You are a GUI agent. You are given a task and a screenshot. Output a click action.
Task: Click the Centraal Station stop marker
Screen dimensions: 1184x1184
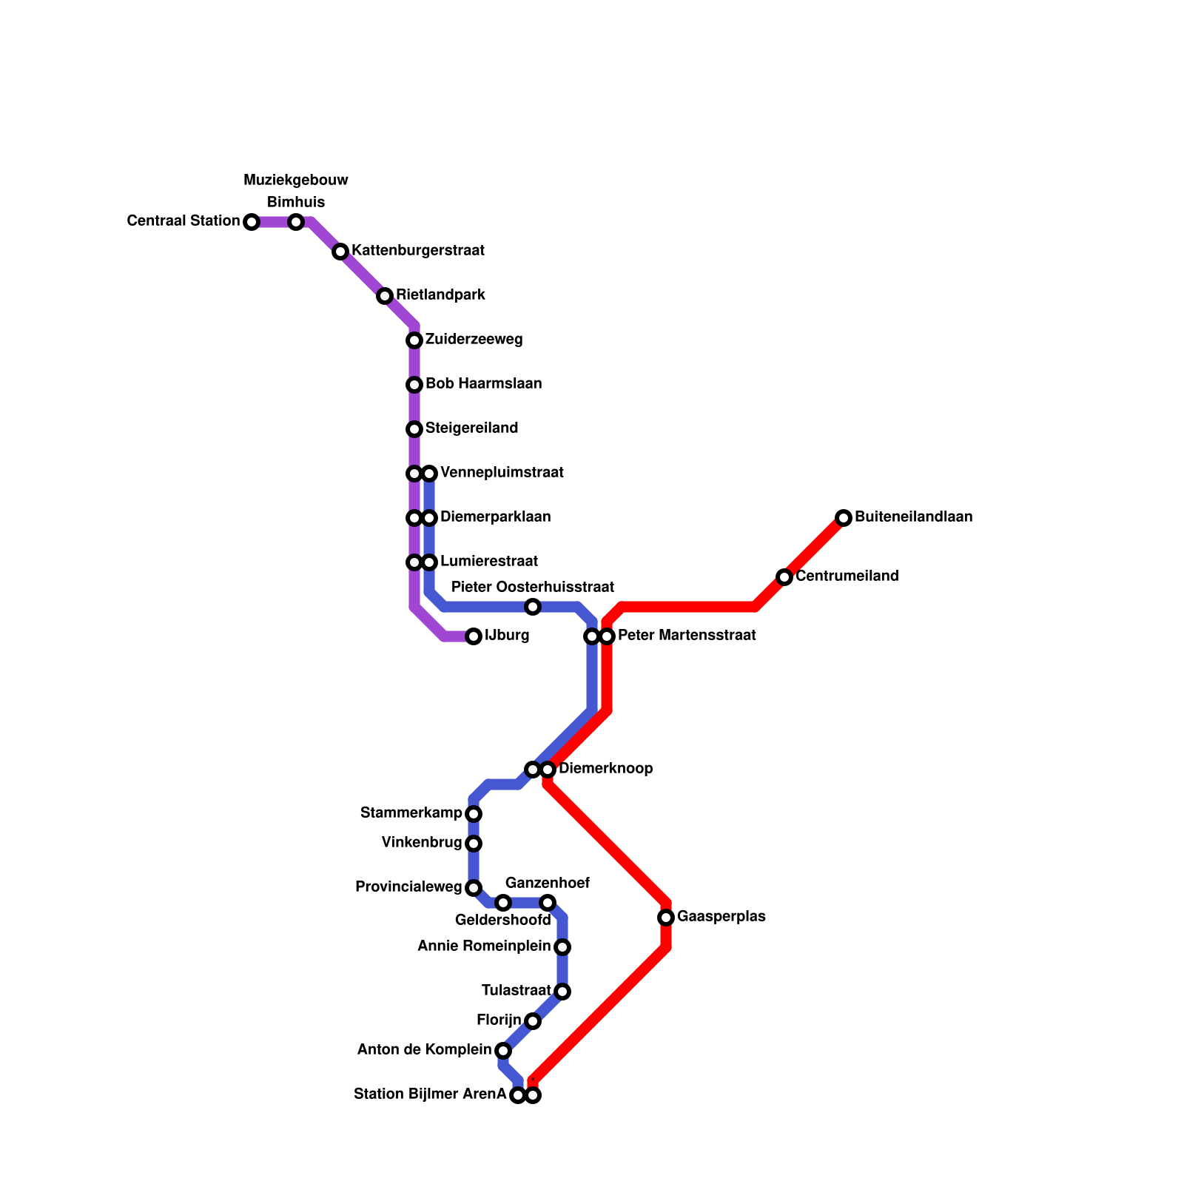coord(252,222)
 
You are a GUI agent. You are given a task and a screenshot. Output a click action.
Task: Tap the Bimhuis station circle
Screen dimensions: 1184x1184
coord(296,222)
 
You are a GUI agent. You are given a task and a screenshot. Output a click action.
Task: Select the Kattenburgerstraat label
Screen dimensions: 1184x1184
coord(417,251)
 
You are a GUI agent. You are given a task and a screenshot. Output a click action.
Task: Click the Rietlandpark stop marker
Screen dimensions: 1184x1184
coord(385,296)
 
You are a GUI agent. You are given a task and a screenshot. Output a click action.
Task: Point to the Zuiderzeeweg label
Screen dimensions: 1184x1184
coord(474,340)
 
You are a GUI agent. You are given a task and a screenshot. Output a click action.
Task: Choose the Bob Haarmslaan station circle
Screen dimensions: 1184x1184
coord(414,385)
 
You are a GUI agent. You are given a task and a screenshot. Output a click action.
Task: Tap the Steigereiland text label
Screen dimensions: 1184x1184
coord(471,428)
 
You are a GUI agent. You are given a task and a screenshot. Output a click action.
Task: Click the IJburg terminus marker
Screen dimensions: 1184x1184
coord(474,636)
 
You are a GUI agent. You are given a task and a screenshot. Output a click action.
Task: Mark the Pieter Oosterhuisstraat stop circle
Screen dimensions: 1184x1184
coord(533,607)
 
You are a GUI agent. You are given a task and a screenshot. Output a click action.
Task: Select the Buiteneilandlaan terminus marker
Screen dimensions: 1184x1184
coord(844,518)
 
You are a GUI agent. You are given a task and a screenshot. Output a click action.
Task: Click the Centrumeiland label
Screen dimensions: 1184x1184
coord(847,576)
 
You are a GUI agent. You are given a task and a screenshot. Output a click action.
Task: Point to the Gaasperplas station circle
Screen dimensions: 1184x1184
coord(666,918)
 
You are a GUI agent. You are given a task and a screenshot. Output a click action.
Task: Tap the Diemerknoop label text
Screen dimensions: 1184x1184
coord(605,769)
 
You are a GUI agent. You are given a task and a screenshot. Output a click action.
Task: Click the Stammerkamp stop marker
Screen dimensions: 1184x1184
coord(474,814)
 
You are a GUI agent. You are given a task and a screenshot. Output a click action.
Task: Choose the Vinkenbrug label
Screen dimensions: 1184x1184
coord(422,843)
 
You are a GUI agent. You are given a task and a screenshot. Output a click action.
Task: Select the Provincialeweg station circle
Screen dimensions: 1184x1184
coord(474,888)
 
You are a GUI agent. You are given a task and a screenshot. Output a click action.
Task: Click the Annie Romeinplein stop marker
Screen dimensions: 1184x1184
coord(562,947)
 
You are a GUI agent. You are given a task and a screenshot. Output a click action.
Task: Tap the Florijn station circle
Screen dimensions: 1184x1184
coord(533,1021)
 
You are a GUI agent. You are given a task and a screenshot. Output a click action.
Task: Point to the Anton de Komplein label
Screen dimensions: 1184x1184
coord(424,1050)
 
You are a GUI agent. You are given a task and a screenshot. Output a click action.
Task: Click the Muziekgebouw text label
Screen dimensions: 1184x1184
coord(296,180)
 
